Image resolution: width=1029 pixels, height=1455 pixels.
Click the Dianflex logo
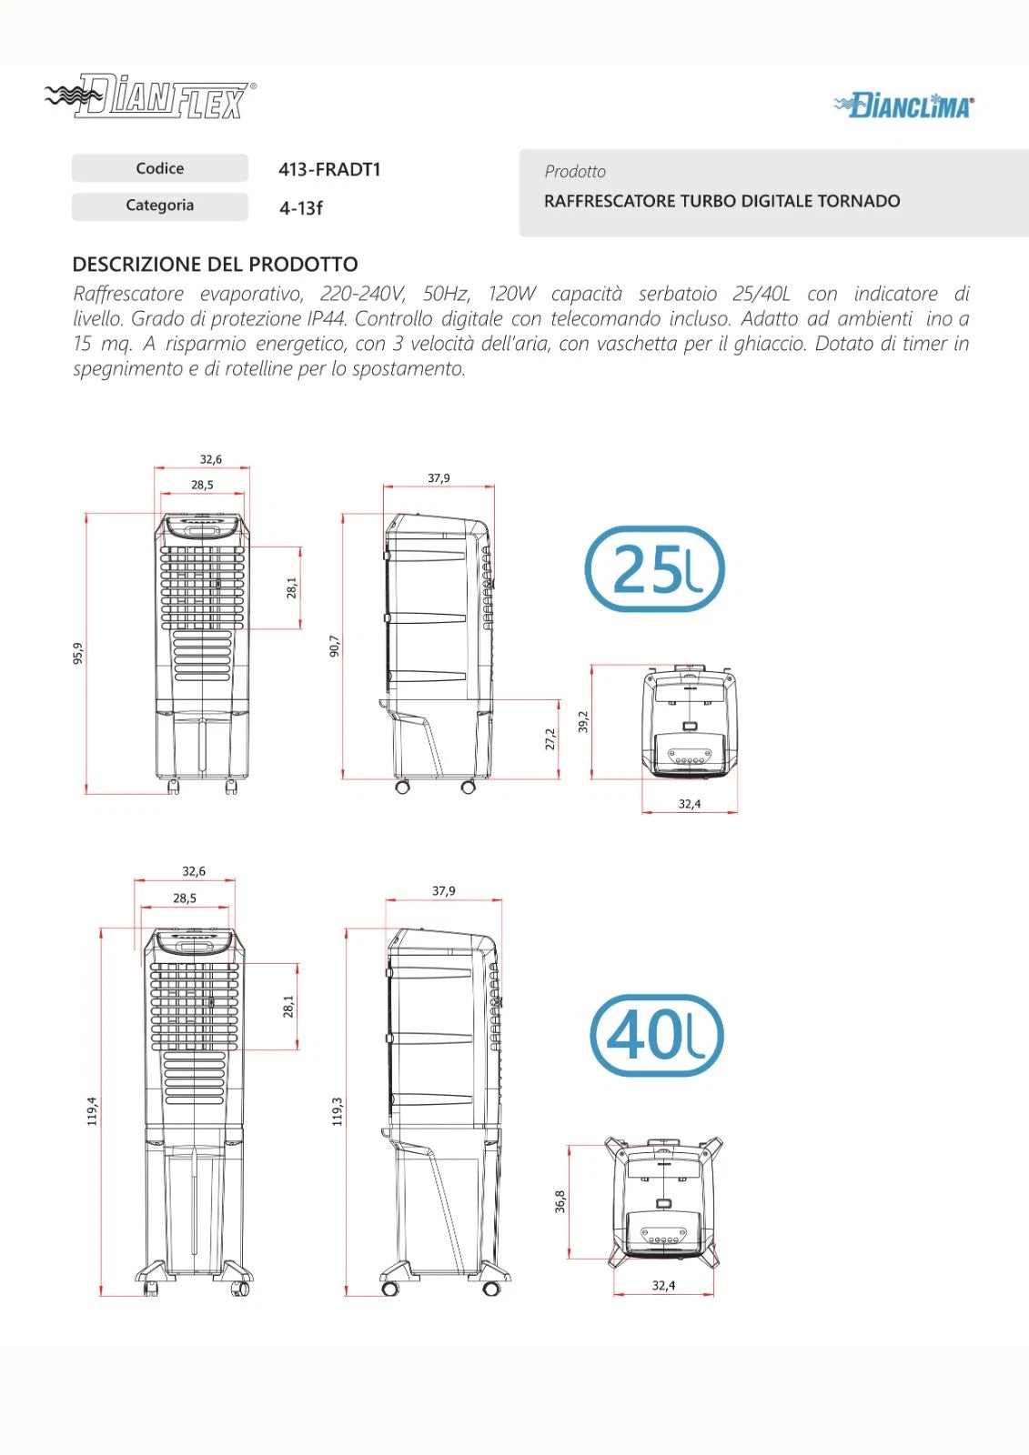[150, 96]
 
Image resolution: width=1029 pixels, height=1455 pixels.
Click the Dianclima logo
[904, 105]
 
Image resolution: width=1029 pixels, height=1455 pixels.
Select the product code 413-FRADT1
[329, 169]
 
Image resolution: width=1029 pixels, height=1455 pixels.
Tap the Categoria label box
[160, 206]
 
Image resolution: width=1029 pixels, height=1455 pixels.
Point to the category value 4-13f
[301, 208]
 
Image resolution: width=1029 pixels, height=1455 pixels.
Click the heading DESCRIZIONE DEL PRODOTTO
[215, 265]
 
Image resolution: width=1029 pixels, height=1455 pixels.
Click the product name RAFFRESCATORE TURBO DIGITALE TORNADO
[722, 201]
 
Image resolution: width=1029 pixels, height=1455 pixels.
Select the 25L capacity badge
[654, 569]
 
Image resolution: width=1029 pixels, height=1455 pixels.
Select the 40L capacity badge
[657, 1036]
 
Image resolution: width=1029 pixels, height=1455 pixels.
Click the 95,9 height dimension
[78, 653]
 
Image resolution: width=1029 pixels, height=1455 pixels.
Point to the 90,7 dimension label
[335, 647]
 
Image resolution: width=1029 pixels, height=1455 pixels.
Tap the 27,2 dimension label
[550, 739]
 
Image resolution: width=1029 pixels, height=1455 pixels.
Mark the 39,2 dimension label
[583, 722]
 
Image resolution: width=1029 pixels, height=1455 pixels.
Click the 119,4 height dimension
[92, 1110]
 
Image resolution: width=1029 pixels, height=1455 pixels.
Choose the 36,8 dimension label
[560, 1201]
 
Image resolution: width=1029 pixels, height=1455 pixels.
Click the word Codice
[160, 168]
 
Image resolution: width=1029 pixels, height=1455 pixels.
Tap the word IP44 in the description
[325, 319]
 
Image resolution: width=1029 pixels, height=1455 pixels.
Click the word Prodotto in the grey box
[575, 172]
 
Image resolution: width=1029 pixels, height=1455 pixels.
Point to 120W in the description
[512, 294]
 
